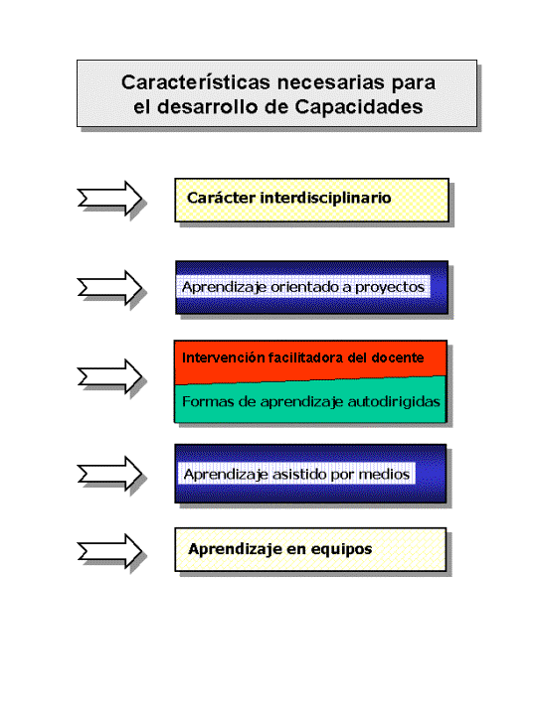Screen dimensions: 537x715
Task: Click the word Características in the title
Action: (196, 82)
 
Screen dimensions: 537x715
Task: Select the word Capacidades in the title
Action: (358, 107)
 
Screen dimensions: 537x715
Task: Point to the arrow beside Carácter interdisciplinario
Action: (109, 199)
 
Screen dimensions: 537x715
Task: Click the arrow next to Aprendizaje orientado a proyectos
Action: (109, 288)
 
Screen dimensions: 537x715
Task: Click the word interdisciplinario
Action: (325, 198)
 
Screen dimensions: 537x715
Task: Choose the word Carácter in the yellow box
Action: (221, 198)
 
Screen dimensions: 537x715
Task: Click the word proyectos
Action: (390, 287)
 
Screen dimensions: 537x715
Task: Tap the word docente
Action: (397, 357)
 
